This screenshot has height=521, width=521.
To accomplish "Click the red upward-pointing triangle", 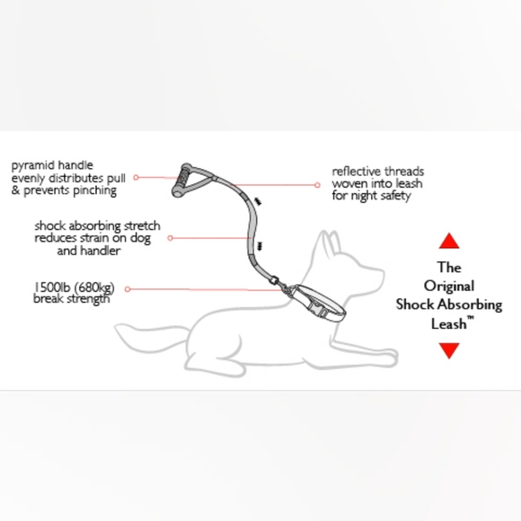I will [449, 241].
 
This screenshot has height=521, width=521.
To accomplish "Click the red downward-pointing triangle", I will [449, 350].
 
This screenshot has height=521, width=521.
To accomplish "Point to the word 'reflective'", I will [354, 171].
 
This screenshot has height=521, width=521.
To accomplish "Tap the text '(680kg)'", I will [93, 287].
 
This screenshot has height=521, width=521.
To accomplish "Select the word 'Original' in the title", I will [449, 286].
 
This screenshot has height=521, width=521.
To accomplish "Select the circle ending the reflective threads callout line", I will [316, 184].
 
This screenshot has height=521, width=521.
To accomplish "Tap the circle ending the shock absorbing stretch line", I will [171, 238].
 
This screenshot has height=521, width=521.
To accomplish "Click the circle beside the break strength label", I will [128, 289].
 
